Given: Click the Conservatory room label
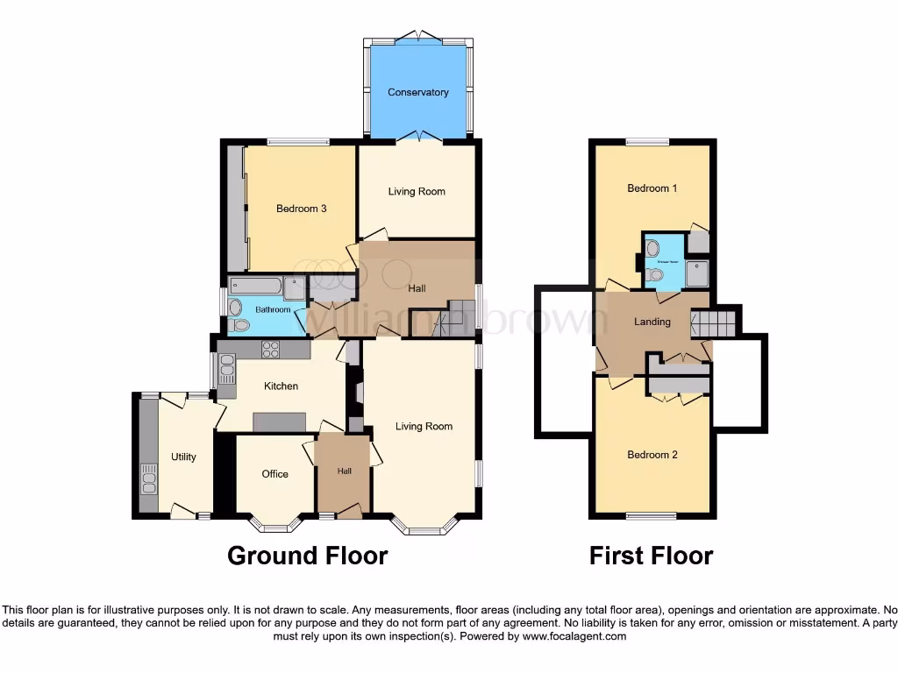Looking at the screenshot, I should point(418,92).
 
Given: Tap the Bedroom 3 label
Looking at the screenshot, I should point(302,209).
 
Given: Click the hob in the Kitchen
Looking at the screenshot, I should point(271,350).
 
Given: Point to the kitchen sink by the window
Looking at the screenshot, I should point(227,369).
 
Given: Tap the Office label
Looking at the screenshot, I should point(274,474).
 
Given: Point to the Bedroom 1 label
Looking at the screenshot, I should point(652,188).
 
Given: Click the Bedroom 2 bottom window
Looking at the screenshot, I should point(651,515).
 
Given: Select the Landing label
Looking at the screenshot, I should point(652,322).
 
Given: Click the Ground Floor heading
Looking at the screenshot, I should point(307,556).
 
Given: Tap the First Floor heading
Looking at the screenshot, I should point(651,556).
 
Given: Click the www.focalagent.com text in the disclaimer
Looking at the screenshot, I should point(574,636).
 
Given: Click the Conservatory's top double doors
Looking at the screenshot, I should point(418,36).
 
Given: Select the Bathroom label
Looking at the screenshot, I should point(273,309).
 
